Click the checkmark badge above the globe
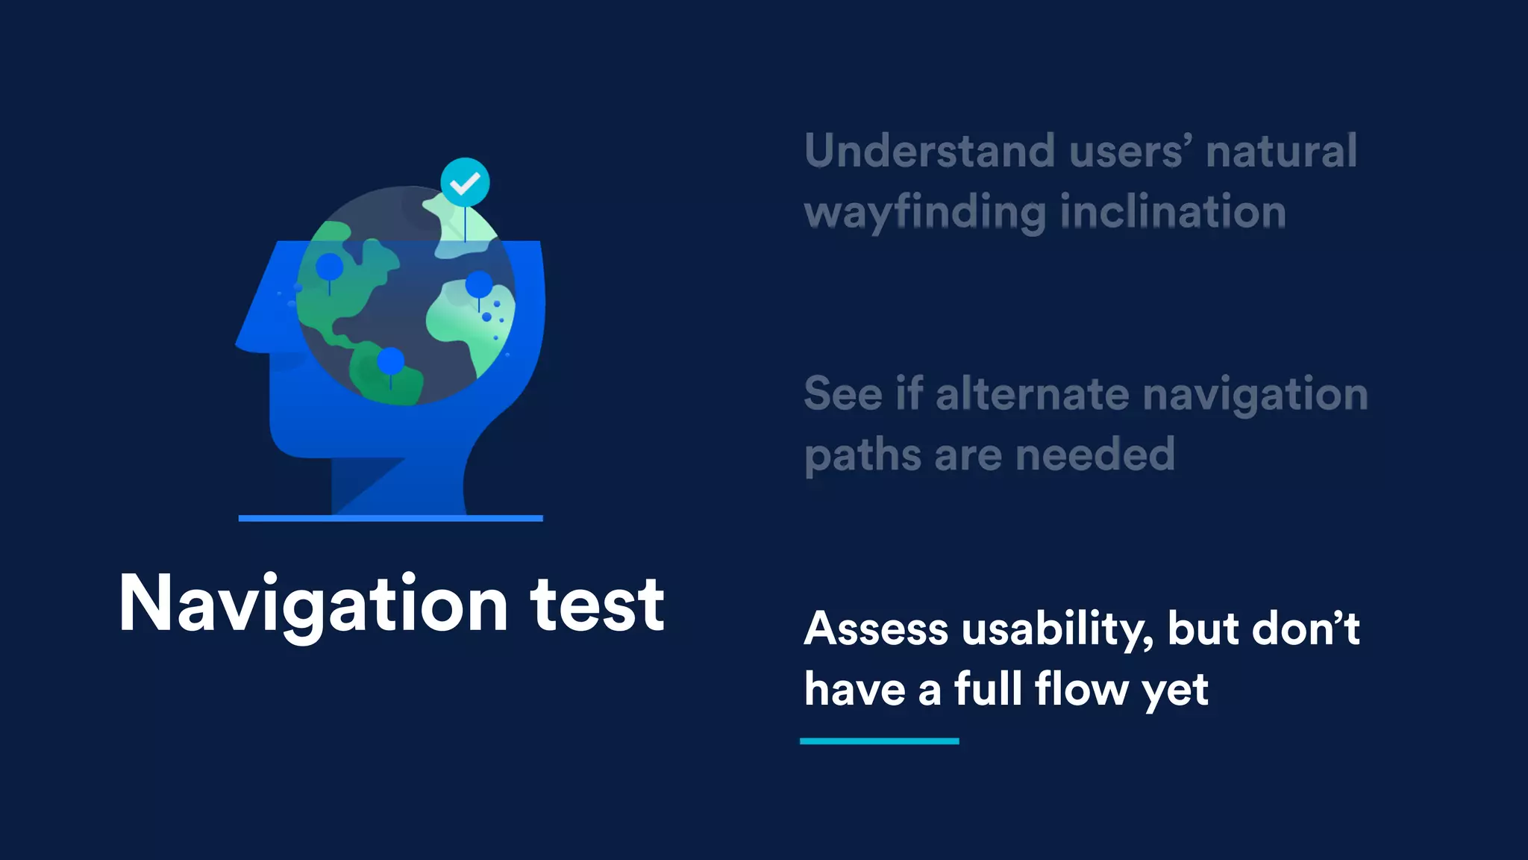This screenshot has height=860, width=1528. [x=465, y=182]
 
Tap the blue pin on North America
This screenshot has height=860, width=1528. [x=330, y=267]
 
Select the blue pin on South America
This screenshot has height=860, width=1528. [x=390, y=361]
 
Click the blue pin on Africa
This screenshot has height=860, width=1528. [x=479, y=284]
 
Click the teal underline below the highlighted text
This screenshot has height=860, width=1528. [x=879, y=741]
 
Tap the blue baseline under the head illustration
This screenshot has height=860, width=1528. [x=390, y=518]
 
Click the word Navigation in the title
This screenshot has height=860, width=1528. [x=313, y=605]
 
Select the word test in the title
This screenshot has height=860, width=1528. [x=597, y=605]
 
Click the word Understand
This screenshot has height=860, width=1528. [x=929, y=152]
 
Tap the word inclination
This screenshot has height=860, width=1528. [x=1173, y=212]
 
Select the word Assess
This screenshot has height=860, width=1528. [x=876, y=629]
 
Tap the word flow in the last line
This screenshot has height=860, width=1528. [x=1082, y=689]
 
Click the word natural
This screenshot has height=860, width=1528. [x=1281, y=152]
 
